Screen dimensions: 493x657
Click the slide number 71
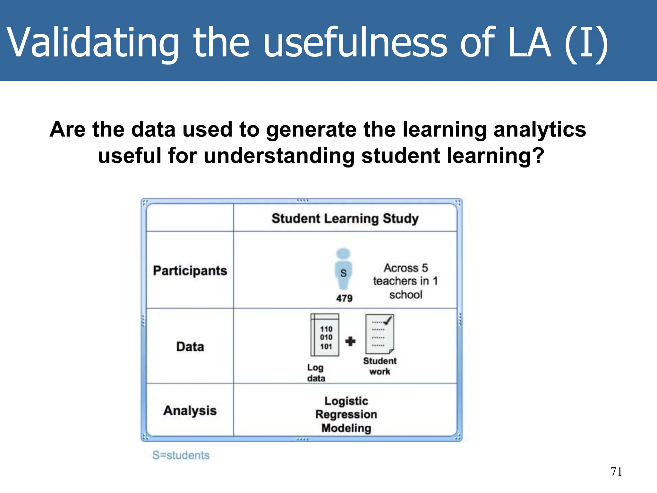coord(616,472)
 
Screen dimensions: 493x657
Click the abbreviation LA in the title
coord(530,43)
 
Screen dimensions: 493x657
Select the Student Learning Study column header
coord(345,219)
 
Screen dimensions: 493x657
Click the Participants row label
coord(190,271)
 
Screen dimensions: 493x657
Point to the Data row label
coord(190,347)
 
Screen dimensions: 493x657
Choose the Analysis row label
coord(190,411)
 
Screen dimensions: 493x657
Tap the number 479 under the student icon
coord(344,298)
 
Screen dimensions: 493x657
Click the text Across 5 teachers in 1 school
coord(405,281)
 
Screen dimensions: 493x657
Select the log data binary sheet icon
coord(325,335)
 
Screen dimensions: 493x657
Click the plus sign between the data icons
coord(350,341)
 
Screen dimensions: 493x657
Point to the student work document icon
coord(380,334)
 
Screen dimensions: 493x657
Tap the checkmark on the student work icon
coord(388,320)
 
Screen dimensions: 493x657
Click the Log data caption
coord(316,373)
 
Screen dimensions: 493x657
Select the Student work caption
coord(380,366)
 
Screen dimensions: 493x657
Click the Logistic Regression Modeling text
coord(346,414)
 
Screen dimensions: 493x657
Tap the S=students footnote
coord(181,455)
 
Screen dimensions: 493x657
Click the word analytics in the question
coord(540,130)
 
